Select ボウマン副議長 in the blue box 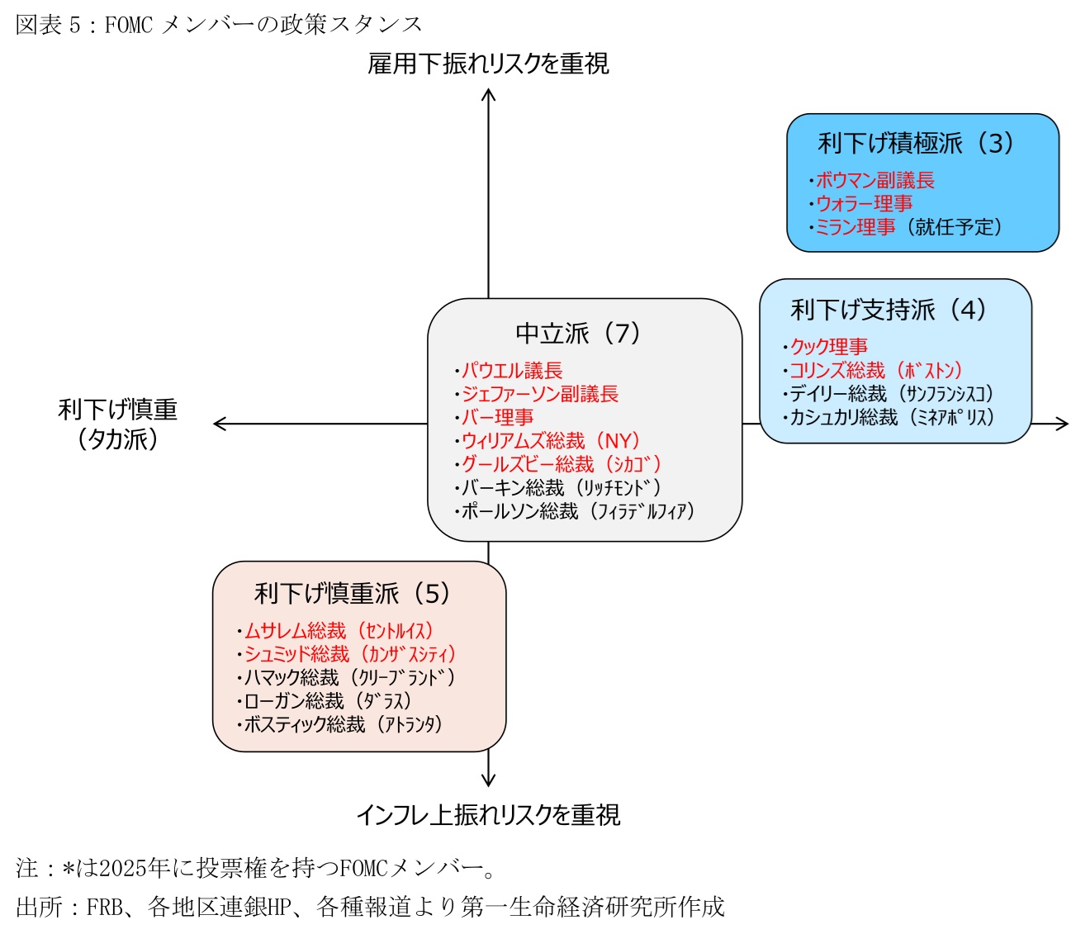coord(874,181)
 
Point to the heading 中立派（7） coord(578,334)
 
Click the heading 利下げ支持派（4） coord(889,310)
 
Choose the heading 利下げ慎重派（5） coord(353,594)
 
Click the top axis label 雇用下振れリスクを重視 coord(488,64)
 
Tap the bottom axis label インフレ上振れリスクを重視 coord(488,815)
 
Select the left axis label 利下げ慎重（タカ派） coord(118,424)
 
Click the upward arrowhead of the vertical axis coord(488,94)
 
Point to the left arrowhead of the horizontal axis coord(219,424)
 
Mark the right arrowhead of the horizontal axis coord(1063,424)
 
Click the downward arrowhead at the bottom coord(488,780)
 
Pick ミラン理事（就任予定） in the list coord(908,227)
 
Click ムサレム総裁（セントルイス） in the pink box coord(339,632)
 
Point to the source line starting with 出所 coord(370,907)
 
